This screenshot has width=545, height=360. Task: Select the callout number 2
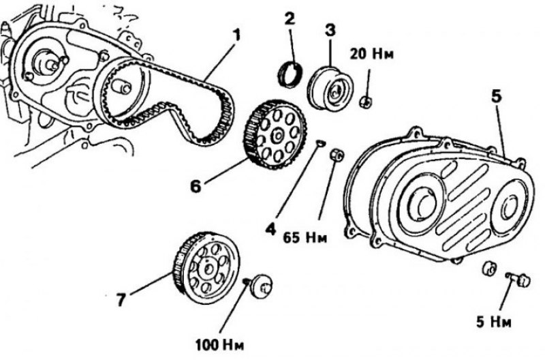pos(290,18)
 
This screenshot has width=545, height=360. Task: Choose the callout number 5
pos(495,95)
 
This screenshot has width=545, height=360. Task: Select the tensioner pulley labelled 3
pos(329,85)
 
